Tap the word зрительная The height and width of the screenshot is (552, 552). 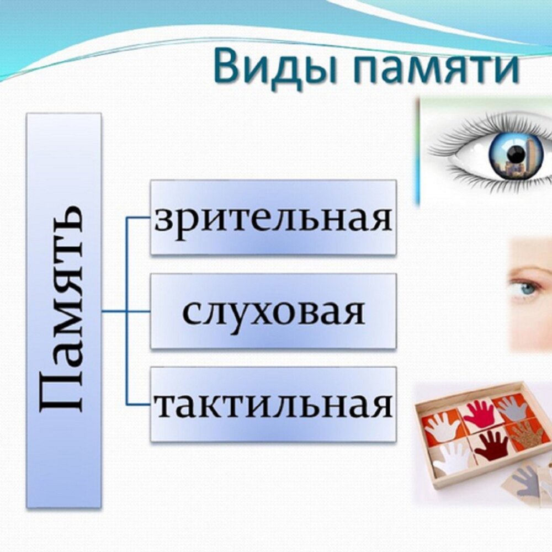273,217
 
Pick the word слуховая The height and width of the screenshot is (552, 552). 273,311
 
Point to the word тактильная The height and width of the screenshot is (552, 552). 273,405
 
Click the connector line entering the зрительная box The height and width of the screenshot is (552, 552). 138,217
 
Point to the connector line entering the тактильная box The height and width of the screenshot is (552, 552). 138,405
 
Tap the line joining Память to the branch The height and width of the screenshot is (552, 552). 114,311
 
